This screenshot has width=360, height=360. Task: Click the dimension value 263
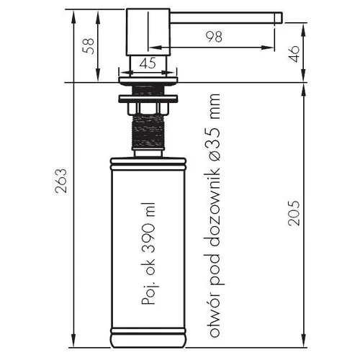coord(60,181)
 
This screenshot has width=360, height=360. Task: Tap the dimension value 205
coord(294,213)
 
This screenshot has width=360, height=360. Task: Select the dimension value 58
coord(88,46)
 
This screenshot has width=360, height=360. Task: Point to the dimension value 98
coord(214,37)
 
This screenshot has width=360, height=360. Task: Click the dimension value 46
coord(294,54)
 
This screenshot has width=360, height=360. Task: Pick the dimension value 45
coord(148,63)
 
